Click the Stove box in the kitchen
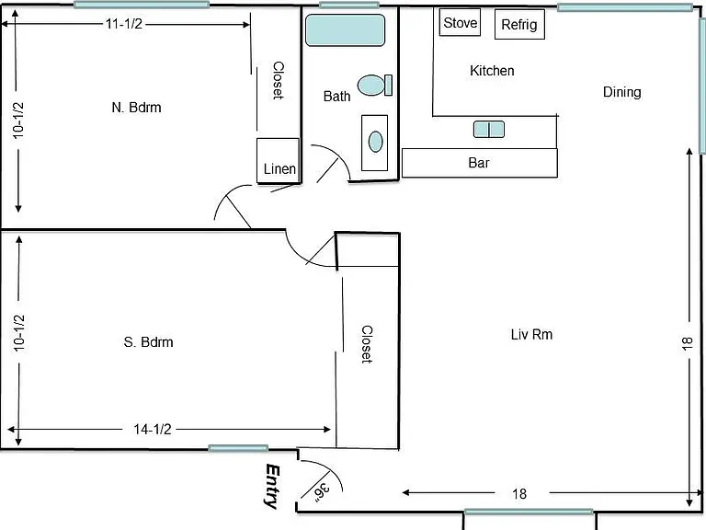(460, 22)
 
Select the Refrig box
(519, 24)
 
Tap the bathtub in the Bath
(345, 30)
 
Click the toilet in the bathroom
(375, 86)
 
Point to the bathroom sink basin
(375, 142)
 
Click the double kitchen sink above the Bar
(489, 130)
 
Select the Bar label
(479, 163)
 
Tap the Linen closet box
(278, 160)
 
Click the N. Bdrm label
(136, 108)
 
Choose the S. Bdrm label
(149, 342)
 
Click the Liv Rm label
(531, 334)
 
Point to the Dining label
(621, 92)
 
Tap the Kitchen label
(492, 71)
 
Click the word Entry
(272, 486)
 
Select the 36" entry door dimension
(322, 492)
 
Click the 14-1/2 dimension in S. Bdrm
(153, 429)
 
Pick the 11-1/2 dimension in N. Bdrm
(124, 23)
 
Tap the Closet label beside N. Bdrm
(279, 80)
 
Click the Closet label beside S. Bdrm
(367, 344)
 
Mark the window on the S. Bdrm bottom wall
(238, 448)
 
